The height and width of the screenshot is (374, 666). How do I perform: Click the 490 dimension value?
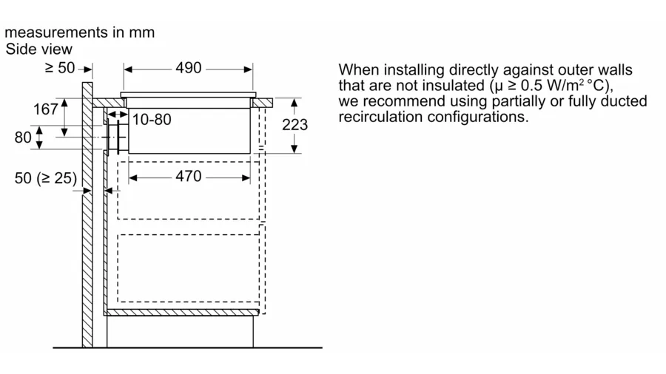click(x=189, y=68)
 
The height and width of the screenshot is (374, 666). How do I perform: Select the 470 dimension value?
click(x=189, y=177)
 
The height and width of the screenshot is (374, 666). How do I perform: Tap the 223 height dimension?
click(x=295, y=125)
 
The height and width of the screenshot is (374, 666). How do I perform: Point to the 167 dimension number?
click(x=46, y=109)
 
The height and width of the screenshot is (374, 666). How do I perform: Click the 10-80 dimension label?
click(x=152, y=120)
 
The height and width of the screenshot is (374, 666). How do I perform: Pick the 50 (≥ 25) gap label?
click(x=46, y=178)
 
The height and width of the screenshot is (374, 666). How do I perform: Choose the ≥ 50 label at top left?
click(x=60, y=68)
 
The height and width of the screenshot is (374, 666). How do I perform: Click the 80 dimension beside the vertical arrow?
click(x=23, y=137)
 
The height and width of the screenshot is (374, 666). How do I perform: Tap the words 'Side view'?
click(x=39, y=50)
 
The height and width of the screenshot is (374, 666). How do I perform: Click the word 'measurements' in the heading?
click(x=56, y=33)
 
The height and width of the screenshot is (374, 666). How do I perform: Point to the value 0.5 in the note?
click(x=531, y=86)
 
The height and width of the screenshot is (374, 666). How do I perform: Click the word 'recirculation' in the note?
click(x=380, y=117)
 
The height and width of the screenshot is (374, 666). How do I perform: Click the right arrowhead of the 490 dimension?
click(x=249, y=69)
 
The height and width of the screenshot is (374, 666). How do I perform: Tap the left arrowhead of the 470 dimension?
click(x=133, y=178)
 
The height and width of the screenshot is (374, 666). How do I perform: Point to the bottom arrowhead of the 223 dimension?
click(x=295, y=149)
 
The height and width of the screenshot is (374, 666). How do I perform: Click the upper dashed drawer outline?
click(x=188, y=191)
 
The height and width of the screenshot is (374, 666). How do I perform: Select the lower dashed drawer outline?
click(x=188, y=268)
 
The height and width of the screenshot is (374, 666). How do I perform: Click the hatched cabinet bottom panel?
click(x=181, y=313)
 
